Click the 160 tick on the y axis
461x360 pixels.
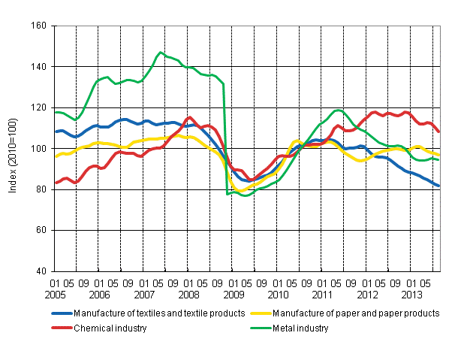(39, 26)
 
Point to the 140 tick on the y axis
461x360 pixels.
(39, 67)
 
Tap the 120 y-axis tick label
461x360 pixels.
(39, 108)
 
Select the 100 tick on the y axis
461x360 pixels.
(39, 149)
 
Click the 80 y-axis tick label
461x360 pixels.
(41, 190)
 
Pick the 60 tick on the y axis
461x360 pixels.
(41, 231)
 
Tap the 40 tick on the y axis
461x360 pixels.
(41, 271)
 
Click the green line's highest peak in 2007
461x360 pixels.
(160, 53)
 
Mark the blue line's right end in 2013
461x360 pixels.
(439, 186)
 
